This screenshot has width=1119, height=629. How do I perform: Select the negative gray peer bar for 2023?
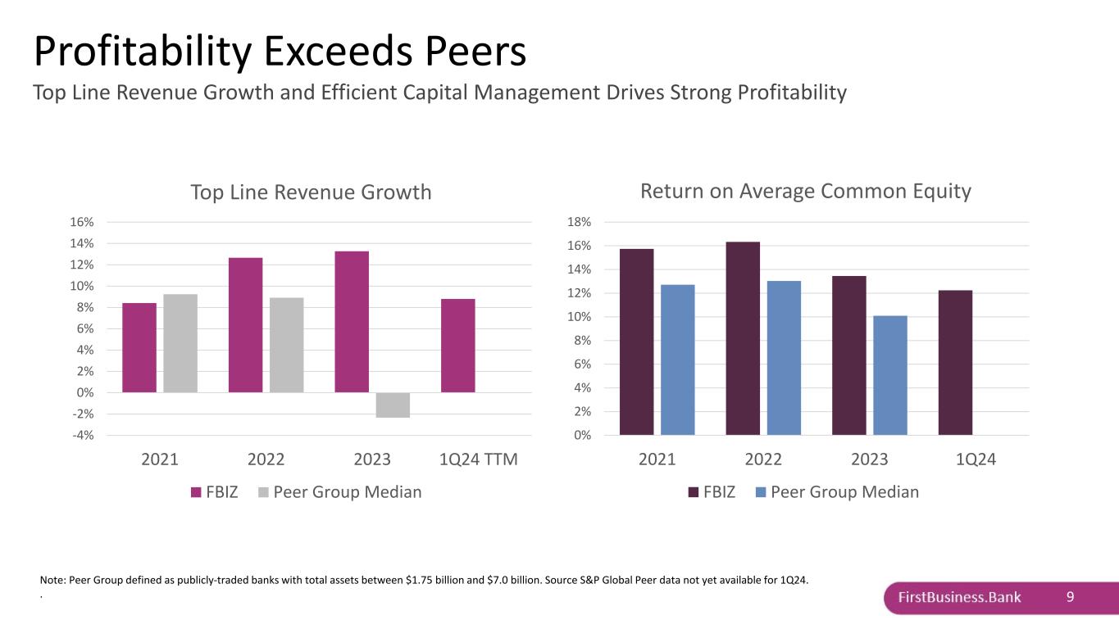(393, 405)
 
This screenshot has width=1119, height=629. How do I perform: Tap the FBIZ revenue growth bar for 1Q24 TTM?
(457, 345)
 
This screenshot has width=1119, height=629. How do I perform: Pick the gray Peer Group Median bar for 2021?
(180, 343)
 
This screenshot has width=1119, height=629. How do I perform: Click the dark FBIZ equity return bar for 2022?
(743, 338)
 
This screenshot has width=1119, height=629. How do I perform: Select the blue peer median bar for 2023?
(889, 375)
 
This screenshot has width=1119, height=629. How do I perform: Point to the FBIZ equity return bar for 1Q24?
(955, 362)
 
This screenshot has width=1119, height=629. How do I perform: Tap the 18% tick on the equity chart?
(579, 222)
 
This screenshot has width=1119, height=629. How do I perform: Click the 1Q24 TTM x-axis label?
(479, 459)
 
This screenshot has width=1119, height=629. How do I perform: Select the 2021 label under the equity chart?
(657, 459)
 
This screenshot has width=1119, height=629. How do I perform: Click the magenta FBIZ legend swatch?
(196, 492)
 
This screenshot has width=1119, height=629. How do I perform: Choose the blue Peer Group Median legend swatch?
(760, 492)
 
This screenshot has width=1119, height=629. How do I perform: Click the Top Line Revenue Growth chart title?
(311, 192)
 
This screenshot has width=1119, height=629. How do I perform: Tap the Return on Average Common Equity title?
(805, 191)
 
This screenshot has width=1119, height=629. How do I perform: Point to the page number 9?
(1070, 597)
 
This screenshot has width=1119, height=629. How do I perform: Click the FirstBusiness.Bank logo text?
(959, 597)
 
